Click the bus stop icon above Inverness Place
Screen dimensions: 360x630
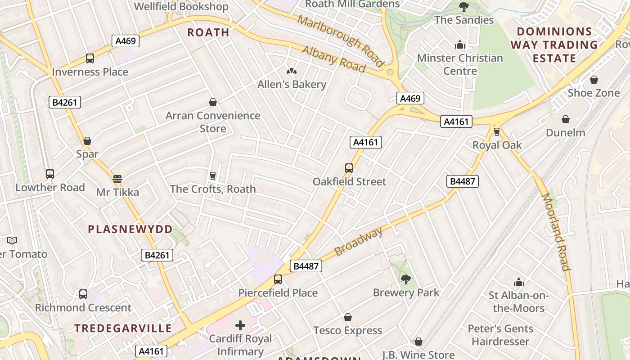point(90,58)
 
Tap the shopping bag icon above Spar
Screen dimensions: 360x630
point(87,140)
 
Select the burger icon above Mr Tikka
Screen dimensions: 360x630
point(117,179)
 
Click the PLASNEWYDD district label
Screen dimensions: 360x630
point(130,229)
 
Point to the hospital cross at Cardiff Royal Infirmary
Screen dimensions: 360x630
point(240,325)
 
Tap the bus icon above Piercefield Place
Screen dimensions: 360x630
point(278,279)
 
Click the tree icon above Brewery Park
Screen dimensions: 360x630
point(406,279)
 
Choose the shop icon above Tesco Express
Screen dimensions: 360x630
point(347,317)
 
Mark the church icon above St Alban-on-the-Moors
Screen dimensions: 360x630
point(519,282)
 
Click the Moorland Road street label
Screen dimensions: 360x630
point(556,232)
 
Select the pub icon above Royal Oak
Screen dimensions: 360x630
point(497,131)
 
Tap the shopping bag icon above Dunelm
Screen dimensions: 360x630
point(566,119)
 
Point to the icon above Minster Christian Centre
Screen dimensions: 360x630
point(460,45)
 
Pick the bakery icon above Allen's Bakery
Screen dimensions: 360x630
point(292,71)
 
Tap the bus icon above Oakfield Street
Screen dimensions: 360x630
point(349,168)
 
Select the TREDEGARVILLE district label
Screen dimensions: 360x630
point(123,328)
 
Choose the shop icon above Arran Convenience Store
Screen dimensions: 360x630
point(213,102)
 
